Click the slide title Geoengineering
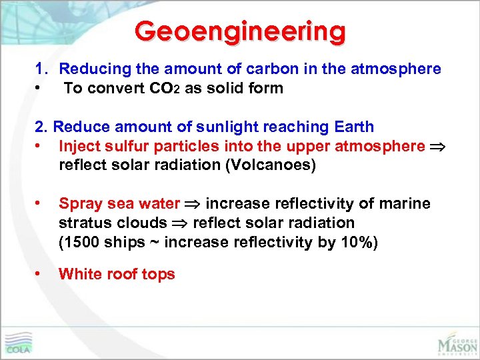(240, 31)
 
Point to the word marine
(404, 204)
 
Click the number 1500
(83, 243)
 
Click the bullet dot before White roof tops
(40, 274)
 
